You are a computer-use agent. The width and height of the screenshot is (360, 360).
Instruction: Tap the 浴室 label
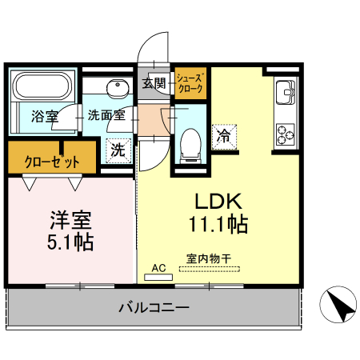(44, 116)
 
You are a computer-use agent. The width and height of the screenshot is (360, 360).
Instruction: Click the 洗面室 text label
(106, 115)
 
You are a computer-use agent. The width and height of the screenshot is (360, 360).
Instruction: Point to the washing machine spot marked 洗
(118, 149)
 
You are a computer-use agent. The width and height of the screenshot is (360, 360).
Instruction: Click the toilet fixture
(191, 145)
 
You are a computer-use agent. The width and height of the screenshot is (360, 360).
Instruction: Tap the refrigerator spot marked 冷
(224, 136)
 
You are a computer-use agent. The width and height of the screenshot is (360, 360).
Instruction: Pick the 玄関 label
(154, 82)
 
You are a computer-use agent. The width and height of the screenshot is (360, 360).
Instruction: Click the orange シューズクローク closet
(190, 84)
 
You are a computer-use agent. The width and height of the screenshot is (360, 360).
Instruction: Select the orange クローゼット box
(51, 160)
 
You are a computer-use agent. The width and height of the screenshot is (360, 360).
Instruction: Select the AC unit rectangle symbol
(158, 278)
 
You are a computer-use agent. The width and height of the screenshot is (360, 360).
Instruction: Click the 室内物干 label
(209, 258)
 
